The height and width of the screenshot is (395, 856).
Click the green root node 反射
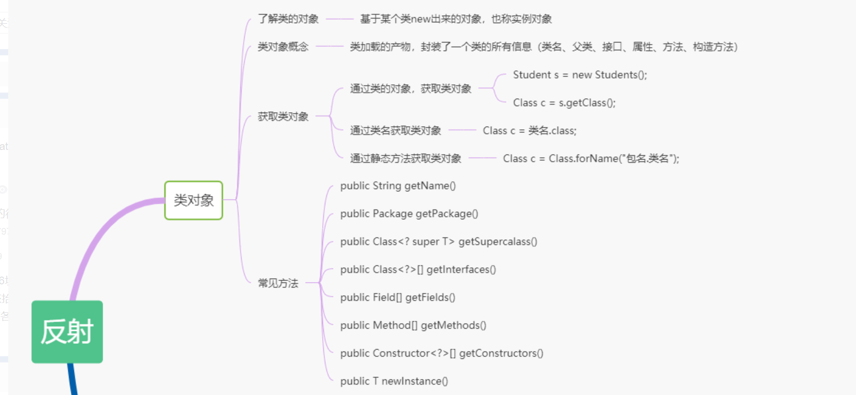pyautogui.click(x=67, y=331)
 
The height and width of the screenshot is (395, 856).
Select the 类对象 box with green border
pyautogui.click(x=193, y=200)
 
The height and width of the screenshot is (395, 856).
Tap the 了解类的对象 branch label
pyautogui.click(x=288, y=19)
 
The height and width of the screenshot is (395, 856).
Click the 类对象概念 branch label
pyautogui.click(x=283, y=47)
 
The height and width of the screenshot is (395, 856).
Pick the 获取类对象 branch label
pyautogui.click(x=283, y=117)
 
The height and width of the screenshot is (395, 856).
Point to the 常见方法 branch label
pyautogui.click(x=278, y=283)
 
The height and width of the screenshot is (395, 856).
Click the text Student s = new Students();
pyautogui.click(x=580, y=75)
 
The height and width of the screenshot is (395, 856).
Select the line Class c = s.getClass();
pyautogui.click(x=564, y=103)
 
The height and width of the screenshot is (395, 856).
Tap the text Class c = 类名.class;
pyautogui.click(x=530, y=131)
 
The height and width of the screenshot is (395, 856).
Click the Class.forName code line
pyautogui.click(x=591, y=159)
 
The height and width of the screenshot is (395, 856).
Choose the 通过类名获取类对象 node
pyautogui.click(x=396, y=131)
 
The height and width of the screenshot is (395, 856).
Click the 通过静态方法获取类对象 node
pyautogui.click(x=406, y=159)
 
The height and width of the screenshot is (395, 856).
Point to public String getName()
pyautogui.click(x=398, y=186)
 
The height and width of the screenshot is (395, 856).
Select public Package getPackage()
pyautogui.click(x=409, y=214)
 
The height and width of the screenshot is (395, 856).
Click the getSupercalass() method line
pyautogui.click(x=439, y=242)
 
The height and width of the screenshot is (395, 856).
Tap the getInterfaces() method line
pyautogui.click(x=418, y=270)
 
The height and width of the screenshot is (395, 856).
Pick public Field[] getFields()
pyautogui.click(x=398, y=298)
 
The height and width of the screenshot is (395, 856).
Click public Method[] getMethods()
pyautogui.click(x=413, y=326)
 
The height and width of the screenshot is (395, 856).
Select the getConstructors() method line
pyautogui.click(x=442, y=354)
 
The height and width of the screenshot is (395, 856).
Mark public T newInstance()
pyautogui.click(x=394, y=382)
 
